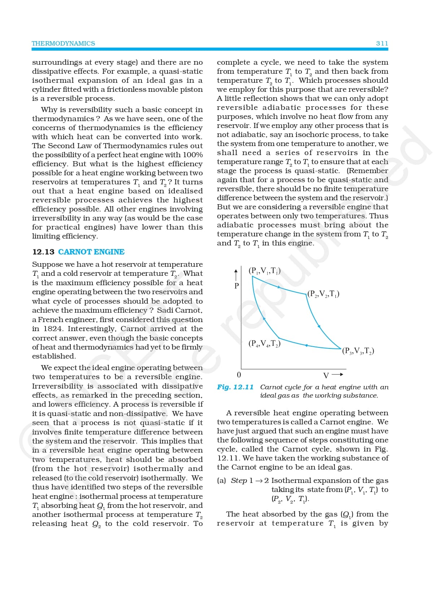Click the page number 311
[x=382, y=43]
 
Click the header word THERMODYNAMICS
[x=63, y=43]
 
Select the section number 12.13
[x=43, y=252]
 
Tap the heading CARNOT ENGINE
[x=91, y=252]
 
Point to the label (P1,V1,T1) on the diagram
[x=265, y=271]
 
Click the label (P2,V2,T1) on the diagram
[x=323, y=294]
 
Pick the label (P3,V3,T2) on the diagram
[x=358, y=351]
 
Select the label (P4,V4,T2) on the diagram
[x=264, y=343]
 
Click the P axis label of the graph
[x=237, y=286]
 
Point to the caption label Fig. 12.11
[x=235, y=387]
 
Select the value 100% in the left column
[x=192, y=155]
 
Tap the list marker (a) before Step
[x=222, y=481]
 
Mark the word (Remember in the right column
[x=368, y=171]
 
